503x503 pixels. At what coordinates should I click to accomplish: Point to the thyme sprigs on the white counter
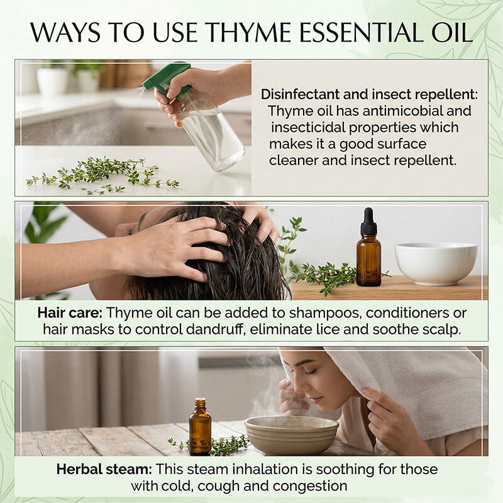click(101, 173)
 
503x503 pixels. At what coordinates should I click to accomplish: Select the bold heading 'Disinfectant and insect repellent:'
click(369, 94)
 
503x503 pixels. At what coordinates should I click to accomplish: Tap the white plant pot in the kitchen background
click(53, 80)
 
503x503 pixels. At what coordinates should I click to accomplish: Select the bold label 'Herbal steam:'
click(103, 469)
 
